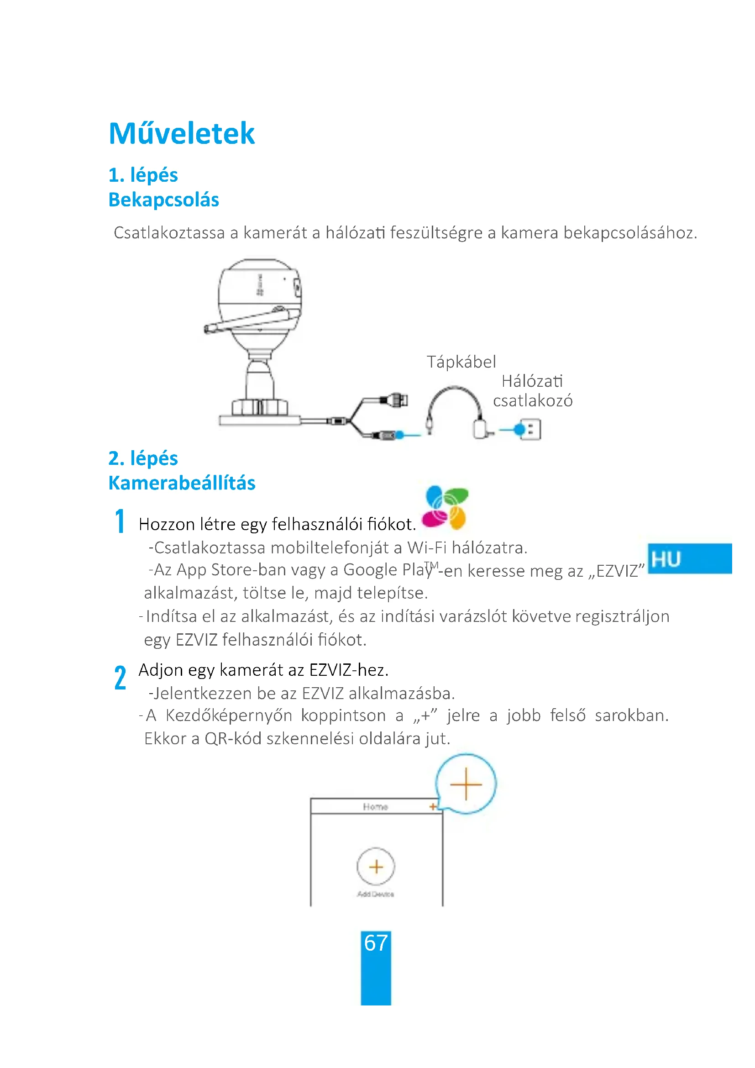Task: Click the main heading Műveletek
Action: (x=181, y=133)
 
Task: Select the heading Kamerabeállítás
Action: (x=182, y=483)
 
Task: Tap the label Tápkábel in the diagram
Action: (x=461, y=362)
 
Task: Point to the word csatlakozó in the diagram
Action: (x=533, y=401)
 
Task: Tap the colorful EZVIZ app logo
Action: (x=446, y=507)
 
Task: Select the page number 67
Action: (x=376, y=943)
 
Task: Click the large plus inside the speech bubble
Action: (x=466, y=784)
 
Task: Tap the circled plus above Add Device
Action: (x=376, y=867)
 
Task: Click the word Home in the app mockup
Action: (x=375, y=807)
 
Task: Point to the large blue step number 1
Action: (x=120, y=521)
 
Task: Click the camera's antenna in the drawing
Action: (x=251, y=321)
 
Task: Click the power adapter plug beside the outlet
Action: (x=482, y=429)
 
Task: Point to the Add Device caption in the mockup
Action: (x=376, y=894)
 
